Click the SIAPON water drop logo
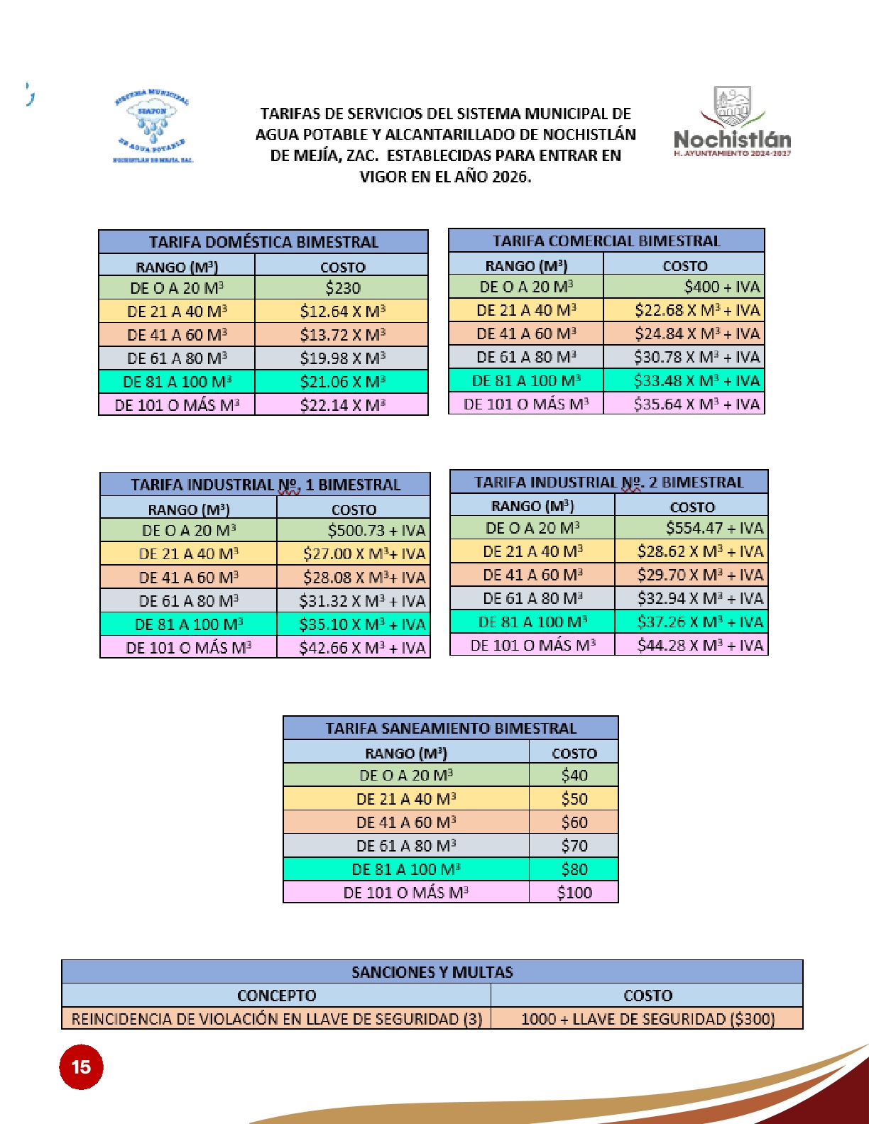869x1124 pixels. (x=153, y=126)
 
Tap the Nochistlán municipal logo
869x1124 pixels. (x=732, y=121)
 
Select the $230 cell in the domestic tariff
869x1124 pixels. (x=342, y=288)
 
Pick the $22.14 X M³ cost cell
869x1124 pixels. (x=342, y=405)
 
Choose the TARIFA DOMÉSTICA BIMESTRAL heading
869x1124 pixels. (x=263, y=242)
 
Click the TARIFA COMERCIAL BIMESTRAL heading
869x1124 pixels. (x=606, y=241)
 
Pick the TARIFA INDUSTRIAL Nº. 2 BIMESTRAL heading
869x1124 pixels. (x=608, y=483)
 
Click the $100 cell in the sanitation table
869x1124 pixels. (x=574, y=892)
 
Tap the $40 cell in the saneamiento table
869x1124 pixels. (x=574, y=775)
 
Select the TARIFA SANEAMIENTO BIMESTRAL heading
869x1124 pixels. (x=451, y=728)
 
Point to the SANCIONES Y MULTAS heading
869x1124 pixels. (x=432, y=971)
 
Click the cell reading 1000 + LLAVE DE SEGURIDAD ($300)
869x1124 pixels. (x=647, y=1019)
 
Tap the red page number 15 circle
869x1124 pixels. (x=81, y=1067)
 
